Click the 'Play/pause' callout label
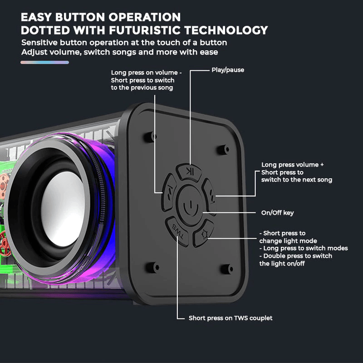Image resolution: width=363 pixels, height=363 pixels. click(x=228, y=70)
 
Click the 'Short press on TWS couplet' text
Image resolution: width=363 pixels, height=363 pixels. click(x=231, y=318)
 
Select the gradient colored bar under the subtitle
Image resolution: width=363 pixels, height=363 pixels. click(x=44, y=62)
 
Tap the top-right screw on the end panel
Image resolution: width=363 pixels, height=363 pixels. click(x=226, y=148)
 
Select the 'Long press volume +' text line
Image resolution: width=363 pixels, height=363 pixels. click(x=293, y=165)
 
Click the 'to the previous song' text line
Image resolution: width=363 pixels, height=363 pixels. click(x=142, y=88)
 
